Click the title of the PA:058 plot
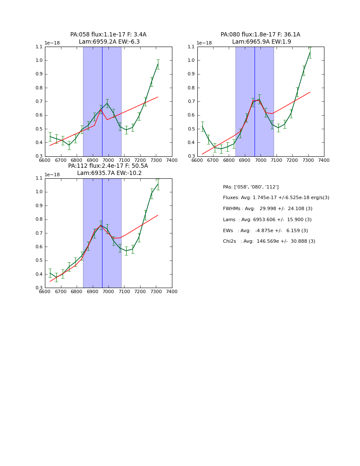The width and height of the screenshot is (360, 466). click(x=108, y=38)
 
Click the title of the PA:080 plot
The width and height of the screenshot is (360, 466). click(x=260, y=38)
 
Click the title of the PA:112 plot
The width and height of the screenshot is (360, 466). click(x=108, y=169)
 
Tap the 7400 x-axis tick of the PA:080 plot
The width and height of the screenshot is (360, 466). click(x=324, y=160)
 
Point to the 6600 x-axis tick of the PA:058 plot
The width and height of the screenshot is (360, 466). click(x=45, y=160)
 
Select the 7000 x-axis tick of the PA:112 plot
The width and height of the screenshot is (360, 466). click(x=108, y=292)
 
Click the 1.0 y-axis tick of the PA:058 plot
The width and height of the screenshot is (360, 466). click(x=39, y=61)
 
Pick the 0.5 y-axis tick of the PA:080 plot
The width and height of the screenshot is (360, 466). click(x=191, y=129)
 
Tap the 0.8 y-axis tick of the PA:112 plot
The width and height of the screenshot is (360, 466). click(x=39, y=219)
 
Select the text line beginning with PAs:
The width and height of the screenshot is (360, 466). click(x=251, y=187)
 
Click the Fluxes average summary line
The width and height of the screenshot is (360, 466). click(x=276, y=198)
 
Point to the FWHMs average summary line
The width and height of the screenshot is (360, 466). click(x=268, y=209)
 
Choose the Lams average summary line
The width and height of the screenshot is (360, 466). click(x=267, y=220)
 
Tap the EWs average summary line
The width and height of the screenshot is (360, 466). click(x=266, y=230)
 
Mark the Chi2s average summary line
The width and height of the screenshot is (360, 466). click(x=269, y=241)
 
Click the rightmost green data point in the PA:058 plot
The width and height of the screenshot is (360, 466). click(x=158, y=64)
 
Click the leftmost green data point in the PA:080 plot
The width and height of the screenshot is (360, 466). click(x=202, y=126)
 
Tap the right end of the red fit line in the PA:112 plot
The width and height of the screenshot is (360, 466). click(x=158, y=215)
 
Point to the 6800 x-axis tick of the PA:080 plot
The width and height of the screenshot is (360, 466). click(x=229, y=160)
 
